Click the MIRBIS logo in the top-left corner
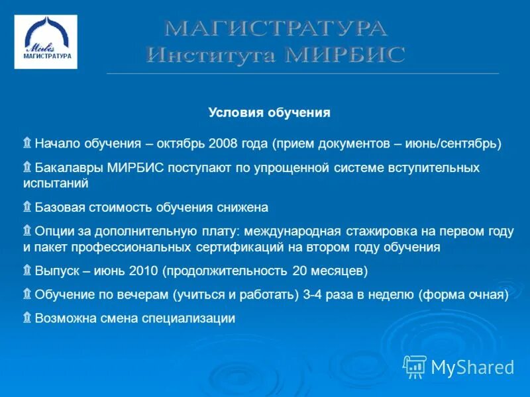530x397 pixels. [x=46, y=42]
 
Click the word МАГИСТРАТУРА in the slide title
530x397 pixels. [x=275, y=28]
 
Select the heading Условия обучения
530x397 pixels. [x=269, y=113]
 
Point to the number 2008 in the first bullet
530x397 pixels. [x=224, y=144]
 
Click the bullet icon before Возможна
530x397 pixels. [x=27, y=318]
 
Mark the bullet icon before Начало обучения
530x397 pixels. [x=27, y=143]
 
